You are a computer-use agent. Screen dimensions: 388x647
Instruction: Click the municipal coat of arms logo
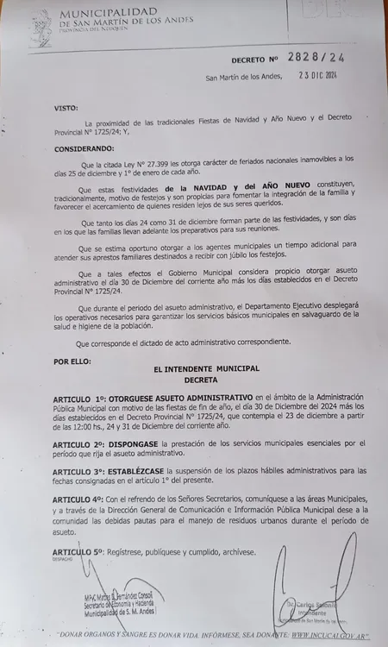39,27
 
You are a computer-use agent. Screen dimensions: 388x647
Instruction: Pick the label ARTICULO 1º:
85,395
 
